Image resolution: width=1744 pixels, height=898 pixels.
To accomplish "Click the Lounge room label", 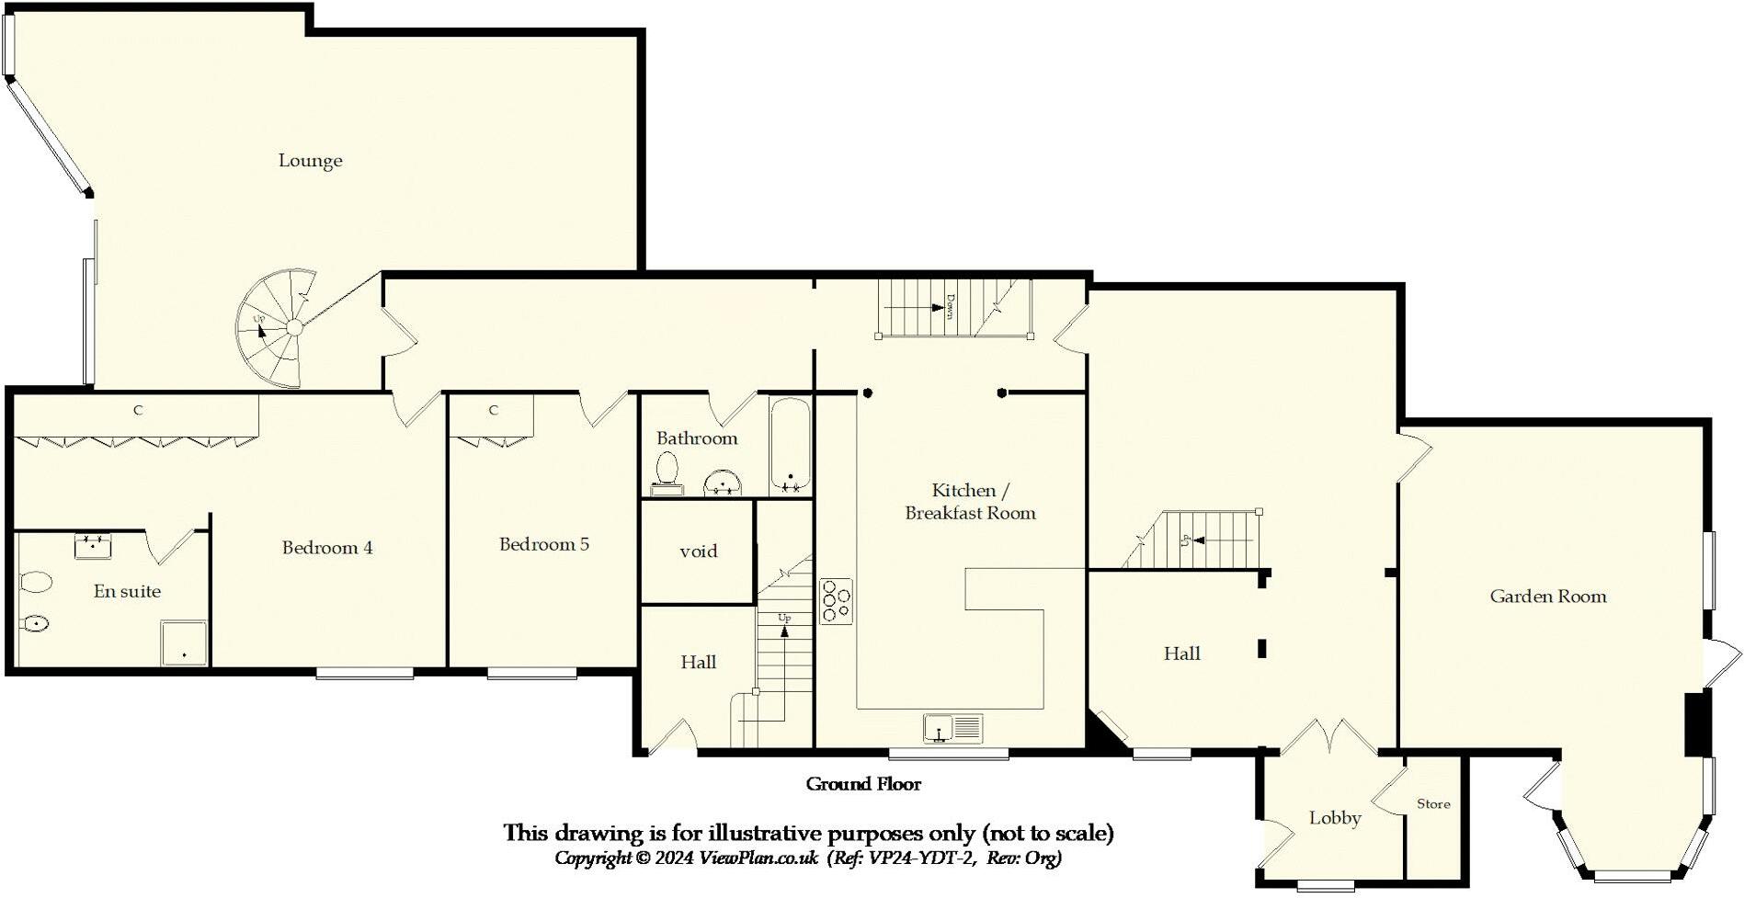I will tap(310, 161).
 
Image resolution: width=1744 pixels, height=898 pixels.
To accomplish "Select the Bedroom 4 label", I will tap(327, 548).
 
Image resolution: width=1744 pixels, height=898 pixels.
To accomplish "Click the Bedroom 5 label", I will tap(543, 544).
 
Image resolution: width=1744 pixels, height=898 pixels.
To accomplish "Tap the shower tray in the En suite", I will tap(184, 643).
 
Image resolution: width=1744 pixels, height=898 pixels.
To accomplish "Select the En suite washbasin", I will tap(93, 546).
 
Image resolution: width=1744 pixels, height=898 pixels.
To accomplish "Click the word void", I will tap(698, 551).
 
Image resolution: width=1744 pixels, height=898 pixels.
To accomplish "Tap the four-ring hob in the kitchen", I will tap(836, 601).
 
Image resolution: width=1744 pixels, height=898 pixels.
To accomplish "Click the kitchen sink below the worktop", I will tap(952, 728).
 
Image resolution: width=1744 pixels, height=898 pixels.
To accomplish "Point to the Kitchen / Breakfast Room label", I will tap(969, 502).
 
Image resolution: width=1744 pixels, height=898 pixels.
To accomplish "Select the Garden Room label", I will tap(1547, 597).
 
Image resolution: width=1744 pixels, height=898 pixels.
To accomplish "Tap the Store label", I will tap(1432, 804).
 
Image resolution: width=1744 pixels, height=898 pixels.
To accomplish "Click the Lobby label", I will tap(1334, 818).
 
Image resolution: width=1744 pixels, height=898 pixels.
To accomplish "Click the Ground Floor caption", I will tap(862, 784).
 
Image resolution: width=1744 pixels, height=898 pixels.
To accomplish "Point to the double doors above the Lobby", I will tap(1328, 735).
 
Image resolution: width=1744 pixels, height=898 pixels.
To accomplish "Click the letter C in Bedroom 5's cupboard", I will tap(494, 410).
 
